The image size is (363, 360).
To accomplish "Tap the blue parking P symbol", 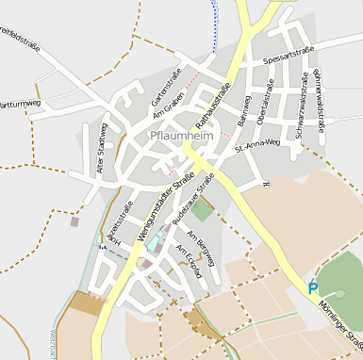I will click(x=313, y=287).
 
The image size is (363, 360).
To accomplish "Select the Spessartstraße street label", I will click(x=289, y=57).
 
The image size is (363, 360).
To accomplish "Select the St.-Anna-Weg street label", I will click(x=257, y=145).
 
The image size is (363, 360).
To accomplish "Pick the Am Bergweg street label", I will click(x=202, y=247).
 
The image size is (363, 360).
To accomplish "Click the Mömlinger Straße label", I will click(x=350, y=334).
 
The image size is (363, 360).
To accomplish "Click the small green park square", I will click(x=202, y=210).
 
